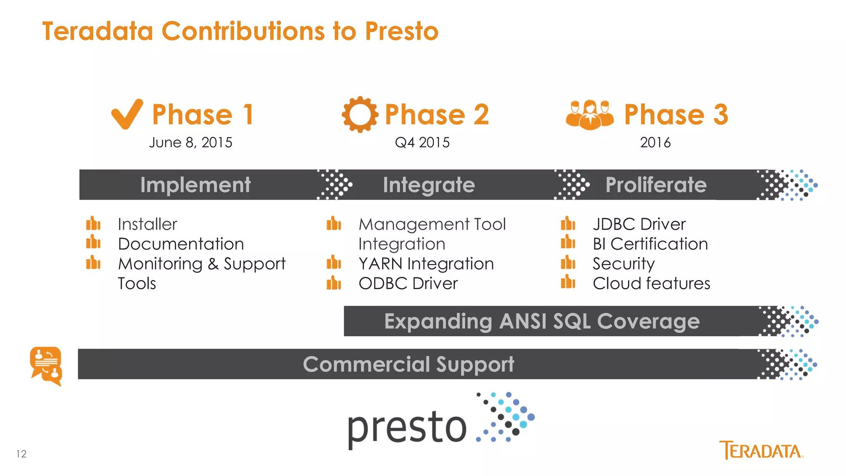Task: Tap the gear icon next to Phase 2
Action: (360, 114)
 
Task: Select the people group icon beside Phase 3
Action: (589, 115)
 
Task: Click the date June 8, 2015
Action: (190, 143)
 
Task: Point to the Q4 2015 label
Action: (422, 143)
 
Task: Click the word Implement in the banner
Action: (195, 185)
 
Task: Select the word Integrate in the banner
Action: (429, 185)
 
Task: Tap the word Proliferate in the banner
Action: (656, 185)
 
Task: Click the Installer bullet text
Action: (147, 224)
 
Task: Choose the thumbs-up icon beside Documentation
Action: (93, 242)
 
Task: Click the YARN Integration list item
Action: (426, 264)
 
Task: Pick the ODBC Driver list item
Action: (408, 283)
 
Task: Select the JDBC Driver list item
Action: (639, 224)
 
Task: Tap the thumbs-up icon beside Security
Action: (568, 262)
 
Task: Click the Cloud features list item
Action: (651, 283)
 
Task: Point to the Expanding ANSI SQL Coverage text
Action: (542, 321)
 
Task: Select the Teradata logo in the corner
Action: (761, 450)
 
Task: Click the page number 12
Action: (21, 454)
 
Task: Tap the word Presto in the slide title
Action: (402, 31)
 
